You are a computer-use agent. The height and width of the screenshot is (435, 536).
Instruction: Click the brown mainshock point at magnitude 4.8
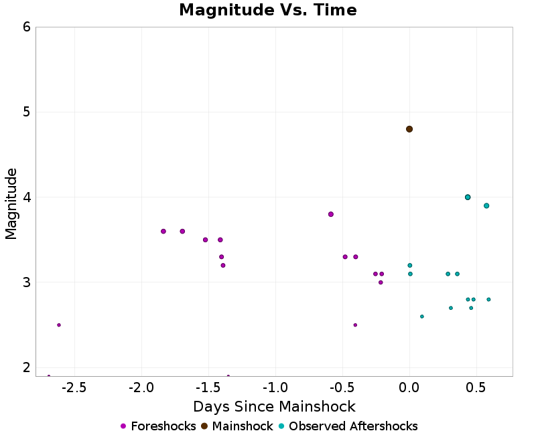(x=409, y=129)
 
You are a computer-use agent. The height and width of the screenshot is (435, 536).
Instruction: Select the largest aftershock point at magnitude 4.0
(x=468, y=197)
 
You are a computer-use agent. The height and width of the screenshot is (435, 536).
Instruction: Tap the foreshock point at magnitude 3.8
(x=331, y=214)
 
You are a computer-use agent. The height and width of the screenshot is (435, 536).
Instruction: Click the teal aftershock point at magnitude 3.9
(x=486, y=205)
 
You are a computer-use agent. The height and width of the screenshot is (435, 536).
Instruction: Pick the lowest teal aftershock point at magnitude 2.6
(x=421, y=317)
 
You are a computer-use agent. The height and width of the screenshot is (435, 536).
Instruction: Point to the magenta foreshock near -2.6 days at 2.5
(x=59, y=325)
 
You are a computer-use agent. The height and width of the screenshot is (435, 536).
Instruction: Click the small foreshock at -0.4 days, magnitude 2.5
(x=355, y=325)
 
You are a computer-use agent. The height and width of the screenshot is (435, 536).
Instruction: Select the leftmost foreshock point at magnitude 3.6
(x=163, y=232)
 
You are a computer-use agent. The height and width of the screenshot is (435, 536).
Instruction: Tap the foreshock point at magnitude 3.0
(x=381, y=282)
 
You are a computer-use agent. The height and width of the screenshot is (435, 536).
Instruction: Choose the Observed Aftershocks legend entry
(x=347, y=426)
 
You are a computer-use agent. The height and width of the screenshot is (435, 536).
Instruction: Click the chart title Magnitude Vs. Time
(x=268, y=11)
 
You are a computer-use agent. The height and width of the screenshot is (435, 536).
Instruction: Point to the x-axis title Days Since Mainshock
(x=274, y=406)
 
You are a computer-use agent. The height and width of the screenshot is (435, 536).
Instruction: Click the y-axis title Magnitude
(x=11, y=203)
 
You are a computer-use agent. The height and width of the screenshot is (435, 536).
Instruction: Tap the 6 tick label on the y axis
(x=26, y=27)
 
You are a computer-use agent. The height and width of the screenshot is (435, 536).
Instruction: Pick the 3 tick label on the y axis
(x=26, y=282)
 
